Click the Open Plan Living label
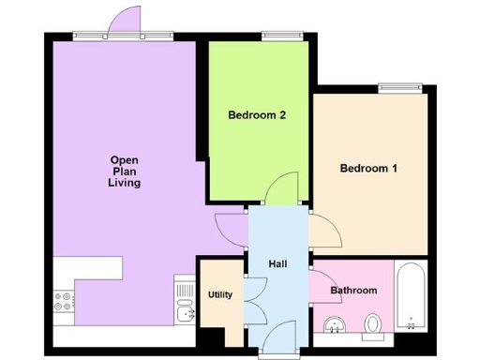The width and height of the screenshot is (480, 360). (x=124, y=172)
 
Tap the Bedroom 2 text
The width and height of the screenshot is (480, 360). (x=257, y=116)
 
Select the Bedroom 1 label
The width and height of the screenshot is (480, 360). (x=368, y=169)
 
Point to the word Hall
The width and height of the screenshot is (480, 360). (x=277, y=264)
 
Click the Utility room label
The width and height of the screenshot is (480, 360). (x=219, y=294)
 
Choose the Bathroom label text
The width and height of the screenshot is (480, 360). (x=353, y=291)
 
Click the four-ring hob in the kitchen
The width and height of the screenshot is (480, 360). (x=66, y=302)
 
